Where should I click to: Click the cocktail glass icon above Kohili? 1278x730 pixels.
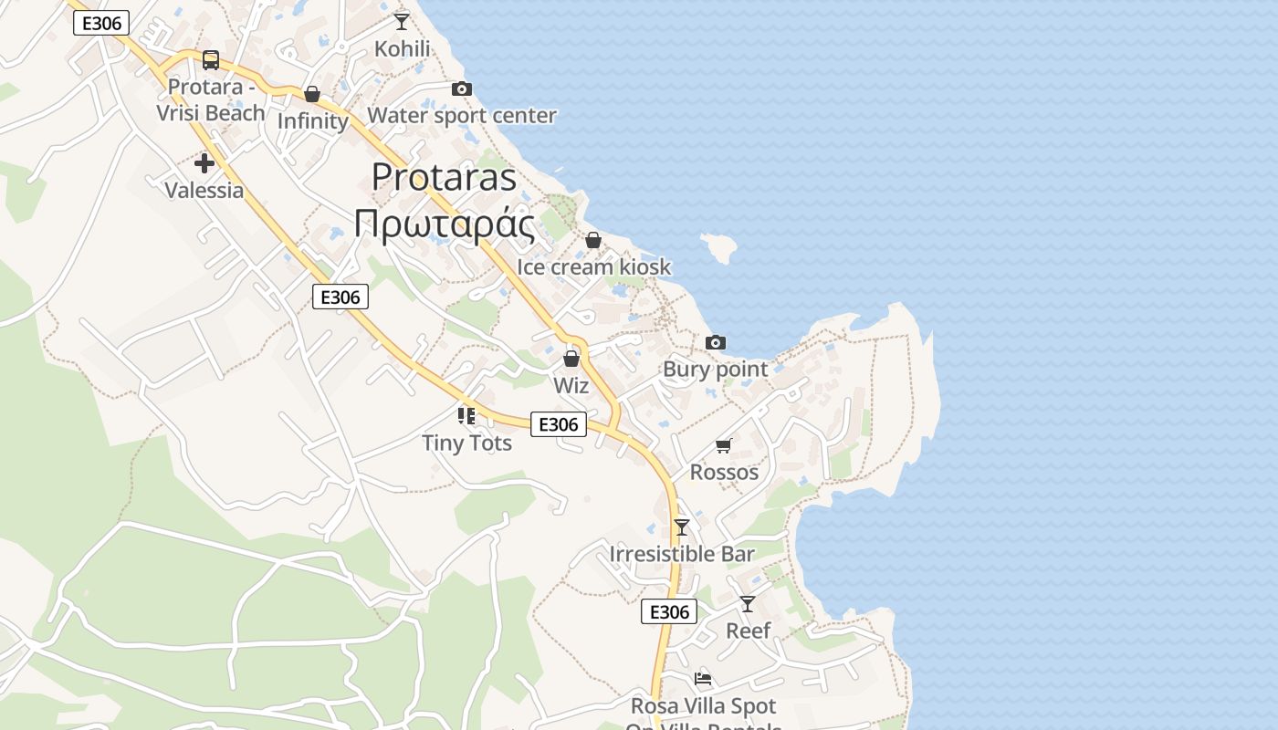pos(402,21)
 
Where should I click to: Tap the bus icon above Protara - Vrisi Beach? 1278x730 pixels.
pos(211,60)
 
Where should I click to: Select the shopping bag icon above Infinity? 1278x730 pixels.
pos(312,94)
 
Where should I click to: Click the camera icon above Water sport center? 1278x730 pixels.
pos(462,89)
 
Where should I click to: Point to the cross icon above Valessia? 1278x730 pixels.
pos(204,163)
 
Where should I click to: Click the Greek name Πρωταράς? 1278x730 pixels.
pos(445,224)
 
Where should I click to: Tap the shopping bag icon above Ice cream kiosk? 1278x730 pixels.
pos(593,240)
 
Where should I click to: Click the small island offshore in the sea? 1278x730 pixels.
pos(718,246)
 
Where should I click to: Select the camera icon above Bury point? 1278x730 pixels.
pos(716,342)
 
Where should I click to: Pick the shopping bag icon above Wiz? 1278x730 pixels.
pos(571,359)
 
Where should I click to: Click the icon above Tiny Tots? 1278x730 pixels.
pos(466,416)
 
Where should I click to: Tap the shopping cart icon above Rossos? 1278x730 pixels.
pos(724,445)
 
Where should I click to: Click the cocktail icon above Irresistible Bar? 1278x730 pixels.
pos(682,527)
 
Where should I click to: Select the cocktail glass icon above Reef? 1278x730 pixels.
pos(748,603)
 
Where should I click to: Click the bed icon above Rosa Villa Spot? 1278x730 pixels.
pos(703,679)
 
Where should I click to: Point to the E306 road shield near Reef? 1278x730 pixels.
pos(669,611)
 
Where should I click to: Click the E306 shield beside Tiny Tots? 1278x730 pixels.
pos(559,424)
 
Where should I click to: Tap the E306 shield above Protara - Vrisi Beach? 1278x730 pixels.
pos(101,23)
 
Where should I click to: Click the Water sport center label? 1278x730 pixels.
pos(462,116)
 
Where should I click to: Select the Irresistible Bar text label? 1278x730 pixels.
pos(682,554)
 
